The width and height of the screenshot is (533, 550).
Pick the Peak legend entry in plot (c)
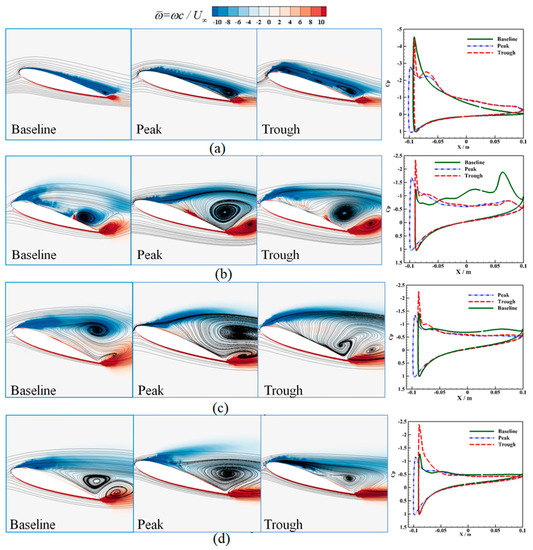click(494, 295)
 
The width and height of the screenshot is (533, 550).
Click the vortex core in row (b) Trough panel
click(345, 213)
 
